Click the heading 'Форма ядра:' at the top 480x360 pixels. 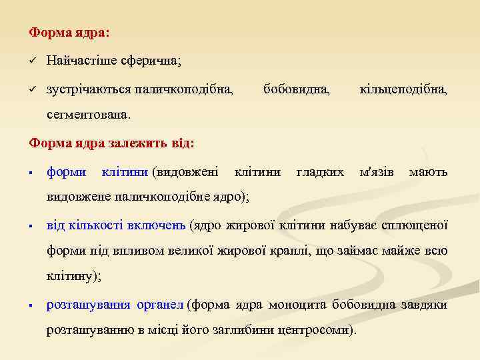point(70,32)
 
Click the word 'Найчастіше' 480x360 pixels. point(81,61)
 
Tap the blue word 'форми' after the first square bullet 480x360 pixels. point(66,173)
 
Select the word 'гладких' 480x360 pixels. point(319,173)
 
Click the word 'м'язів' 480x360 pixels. point(377,173)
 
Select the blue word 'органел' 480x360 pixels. point(160,305)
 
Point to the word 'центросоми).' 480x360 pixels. point(317,331)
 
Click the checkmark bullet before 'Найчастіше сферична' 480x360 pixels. point(31,61)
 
